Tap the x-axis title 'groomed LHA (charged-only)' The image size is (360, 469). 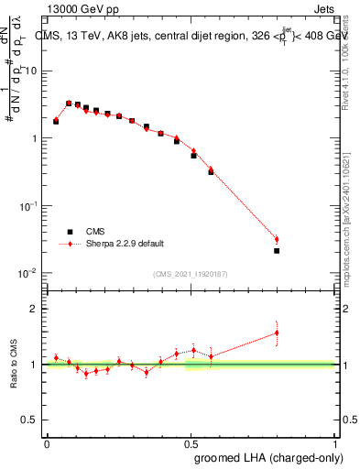click(266, 458)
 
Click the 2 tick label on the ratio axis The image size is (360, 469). click(37, 310)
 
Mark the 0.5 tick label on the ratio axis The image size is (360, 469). click(33, 420)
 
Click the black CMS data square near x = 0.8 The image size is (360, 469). click(277, 250)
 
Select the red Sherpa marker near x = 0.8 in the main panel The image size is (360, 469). click(277, 240)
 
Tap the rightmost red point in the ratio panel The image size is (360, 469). click(277, 333)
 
